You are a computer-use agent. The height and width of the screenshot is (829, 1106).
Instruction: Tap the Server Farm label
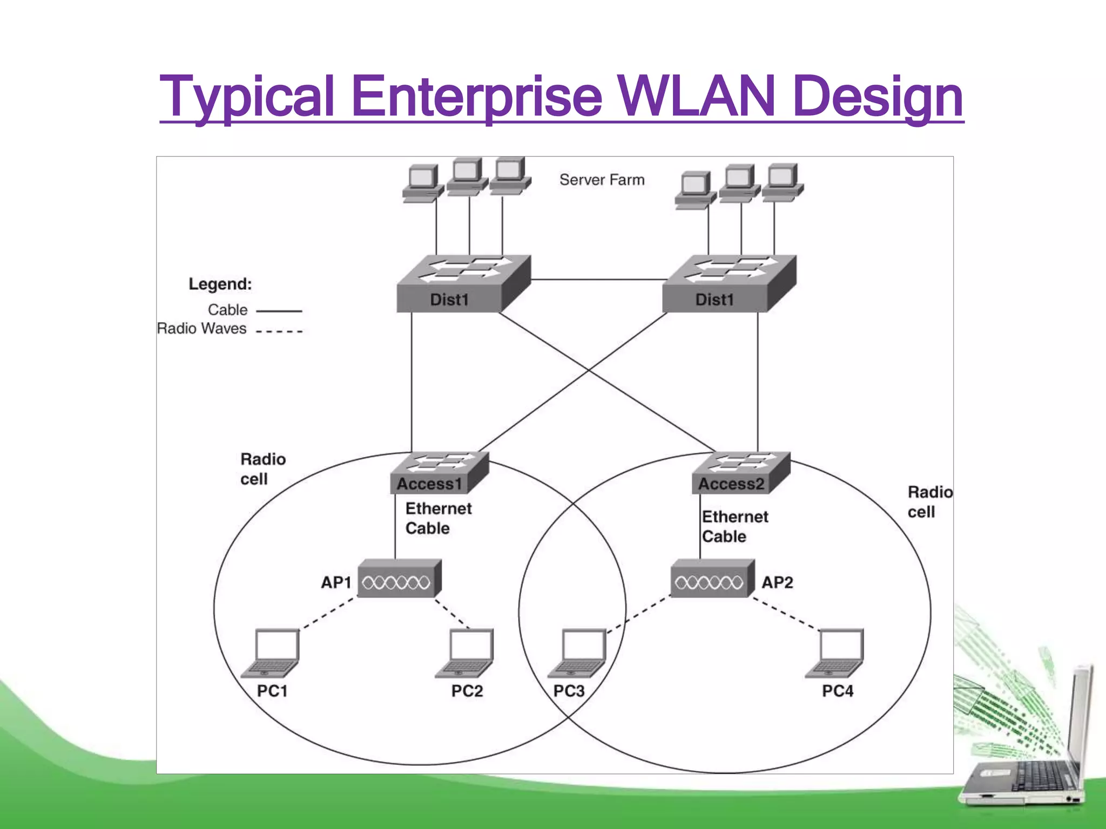(602, 180)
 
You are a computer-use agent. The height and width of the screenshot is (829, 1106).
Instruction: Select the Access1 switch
(439, 473)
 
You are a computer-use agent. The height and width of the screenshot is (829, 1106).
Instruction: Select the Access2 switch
(740, 473)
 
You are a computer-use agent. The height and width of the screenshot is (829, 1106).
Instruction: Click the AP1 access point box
(399, 579)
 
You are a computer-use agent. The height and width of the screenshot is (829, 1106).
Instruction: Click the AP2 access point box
(712, 579)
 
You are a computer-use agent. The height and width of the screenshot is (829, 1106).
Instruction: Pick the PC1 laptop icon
(272, 653)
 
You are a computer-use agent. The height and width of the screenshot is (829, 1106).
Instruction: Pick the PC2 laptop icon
(466, 653)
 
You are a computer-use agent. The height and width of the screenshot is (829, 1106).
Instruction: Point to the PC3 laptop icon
(578, 653)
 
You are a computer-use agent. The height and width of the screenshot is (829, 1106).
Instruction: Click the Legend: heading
(220, 284)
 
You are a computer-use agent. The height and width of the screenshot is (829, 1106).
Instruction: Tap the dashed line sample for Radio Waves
(279, 331)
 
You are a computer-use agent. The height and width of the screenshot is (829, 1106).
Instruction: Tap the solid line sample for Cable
(279, 311)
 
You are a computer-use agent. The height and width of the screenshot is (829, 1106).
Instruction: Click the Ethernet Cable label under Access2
(734, 527)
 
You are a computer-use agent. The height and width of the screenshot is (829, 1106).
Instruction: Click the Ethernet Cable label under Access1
(437, 518)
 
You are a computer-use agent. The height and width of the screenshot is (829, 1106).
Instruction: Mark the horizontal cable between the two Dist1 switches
(597, 280)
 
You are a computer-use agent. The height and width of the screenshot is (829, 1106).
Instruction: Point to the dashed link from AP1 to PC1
(328, 614)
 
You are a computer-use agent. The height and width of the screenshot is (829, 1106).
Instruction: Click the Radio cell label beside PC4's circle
(929, 502)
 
